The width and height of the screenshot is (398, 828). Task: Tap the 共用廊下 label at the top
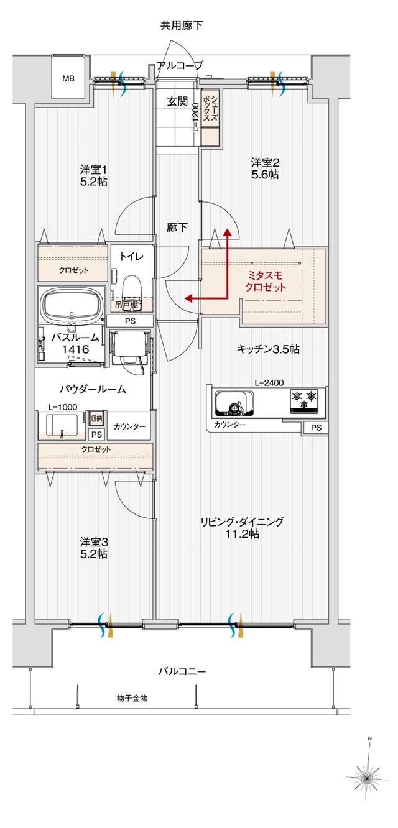[x=182, y=25]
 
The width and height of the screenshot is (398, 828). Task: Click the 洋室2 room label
[x=265, y=168]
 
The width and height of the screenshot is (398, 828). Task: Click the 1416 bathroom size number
[x=75, y=349]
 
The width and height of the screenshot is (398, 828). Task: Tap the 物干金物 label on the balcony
[x=132, y=698]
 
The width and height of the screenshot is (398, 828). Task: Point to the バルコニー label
[x=182, y=671]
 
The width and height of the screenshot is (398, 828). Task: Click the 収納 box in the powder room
[x=96, y=418]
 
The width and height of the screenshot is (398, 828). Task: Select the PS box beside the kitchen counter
[x=317, y=428]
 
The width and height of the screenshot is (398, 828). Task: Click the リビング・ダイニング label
[x=242, y=528]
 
